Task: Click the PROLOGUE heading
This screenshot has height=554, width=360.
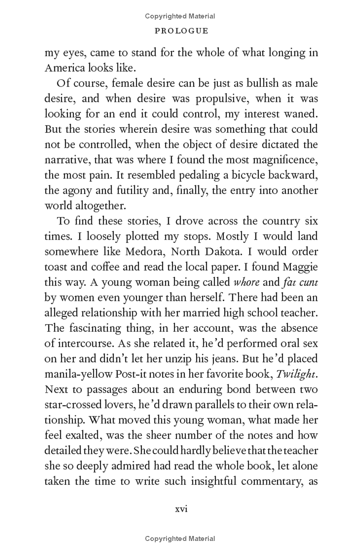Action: click(181, 31)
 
